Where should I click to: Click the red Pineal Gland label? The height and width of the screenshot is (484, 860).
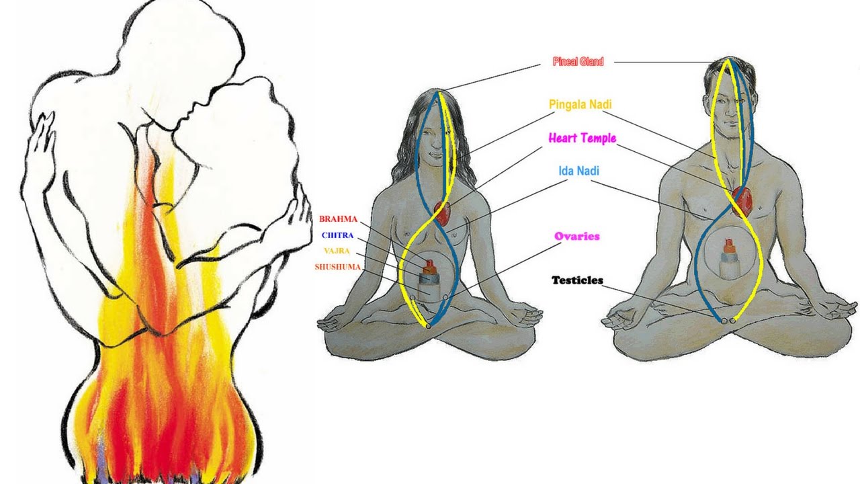(x=578, y=62)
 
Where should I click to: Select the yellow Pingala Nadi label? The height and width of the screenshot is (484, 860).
(x=580, y=105)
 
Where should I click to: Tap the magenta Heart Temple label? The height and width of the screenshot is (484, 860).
(x=582, y=138)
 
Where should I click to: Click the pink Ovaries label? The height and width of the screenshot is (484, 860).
(x=576, y=237)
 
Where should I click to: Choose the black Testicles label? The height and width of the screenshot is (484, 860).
(x=577, y=280)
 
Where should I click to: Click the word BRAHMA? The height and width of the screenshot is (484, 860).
(x=338, y=219)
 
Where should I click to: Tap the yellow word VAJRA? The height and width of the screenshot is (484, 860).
(x=336, y=251)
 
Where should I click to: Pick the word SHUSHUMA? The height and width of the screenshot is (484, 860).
(x=337, y=267)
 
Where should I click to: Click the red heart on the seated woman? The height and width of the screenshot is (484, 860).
(x=442, y=212)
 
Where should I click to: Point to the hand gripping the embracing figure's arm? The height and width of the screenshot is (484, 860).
(x=294, y=222)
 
